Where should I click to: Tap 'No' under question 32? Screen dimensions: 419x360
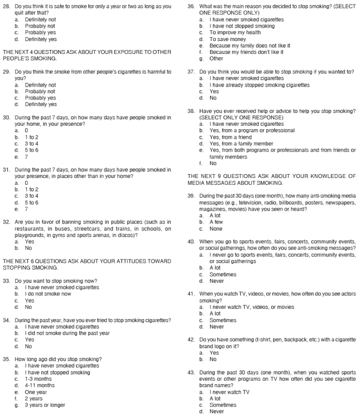point(29,248)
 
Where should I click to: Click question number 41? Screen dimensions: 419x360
point(192,293)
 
